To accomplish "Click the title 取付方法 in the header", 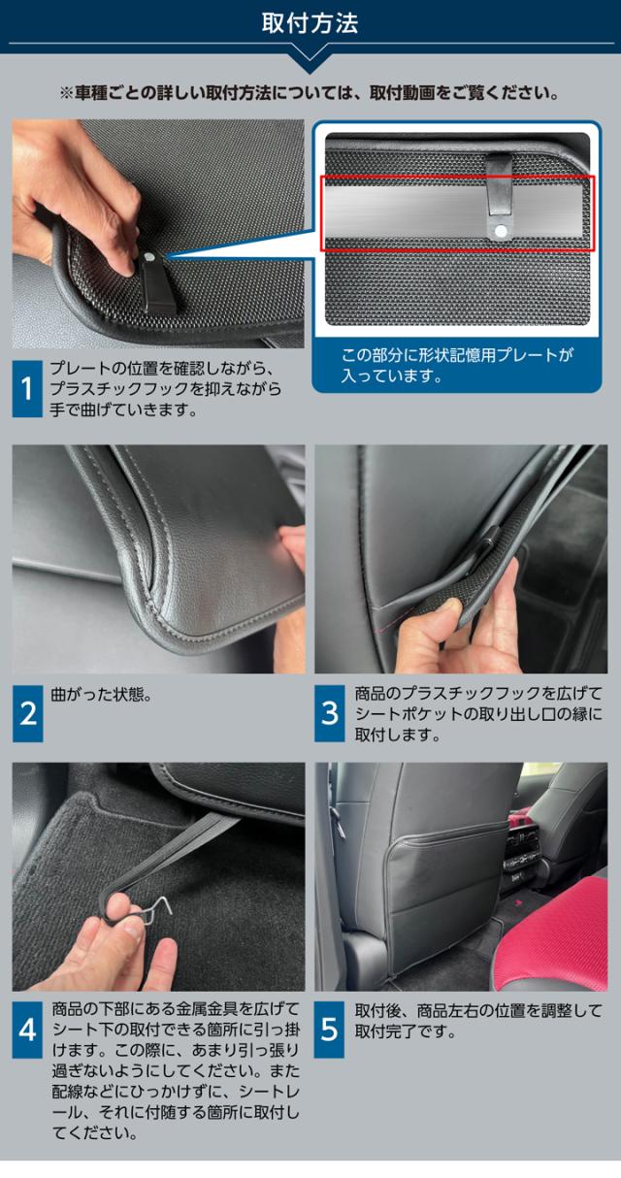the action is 310,24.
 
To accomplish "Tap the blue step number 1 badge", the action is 27,389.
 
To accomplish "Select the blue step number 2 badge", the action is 28,713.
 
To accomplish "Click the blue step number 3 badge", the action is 330,713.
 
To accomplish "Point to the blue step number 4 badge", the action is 27,1030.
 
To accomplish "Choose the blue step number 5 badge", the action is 329,1030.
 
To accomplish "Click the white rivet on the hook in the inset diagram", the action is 501,231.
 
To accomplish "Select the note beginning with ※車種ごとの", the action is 310,93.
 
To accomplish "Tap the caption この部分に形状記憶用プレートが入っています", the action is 456,365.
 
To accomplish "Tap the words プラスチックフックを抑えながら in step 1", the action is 166,389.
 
